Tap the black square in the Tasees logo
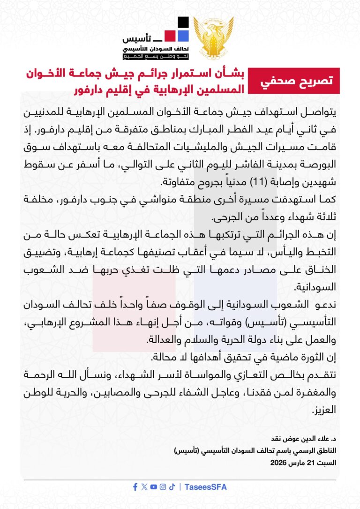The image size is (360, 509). point(183,22)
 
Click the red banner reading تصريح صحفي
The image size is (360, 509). point(293,80)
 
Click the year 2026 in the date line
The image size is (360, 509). point(280,463)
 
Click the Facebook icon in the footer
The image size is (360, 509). point(135,487)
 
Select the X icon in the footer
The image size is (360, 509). point(144,487)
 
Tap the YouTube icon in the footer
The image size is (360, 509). point(154,487)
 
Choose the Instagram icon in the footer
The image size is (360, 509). point(163,487)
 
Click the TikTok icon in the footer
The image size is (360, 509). point(172,487)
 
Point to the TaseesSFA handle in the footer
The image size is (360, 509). point(206,487)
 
